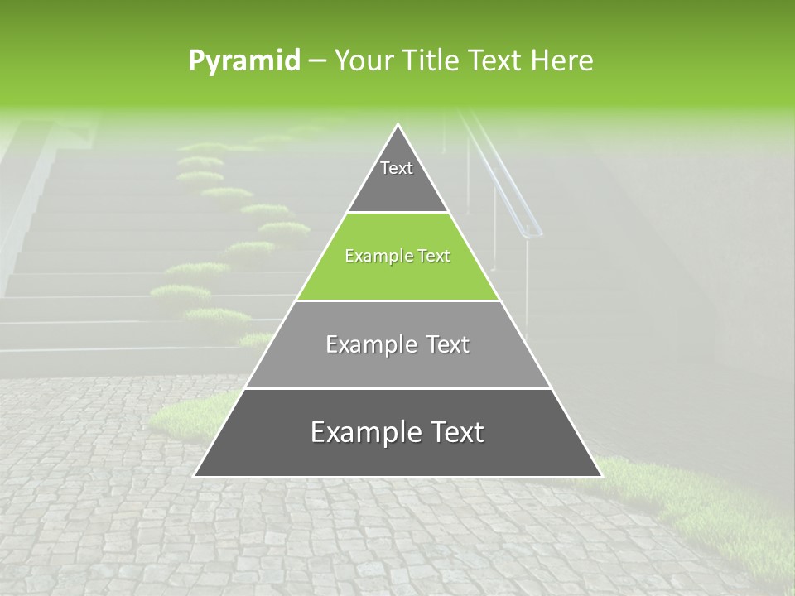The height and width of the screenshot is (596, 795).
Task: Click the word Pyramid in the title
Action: (243, 61)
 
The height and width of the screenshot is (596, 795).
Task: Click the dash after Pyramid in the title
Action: (316, 61)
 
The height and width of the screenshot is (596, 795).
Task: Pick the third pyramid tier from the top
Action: (397, 364)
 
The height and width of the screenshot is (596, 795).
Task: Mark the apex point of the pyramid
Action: (398, 125)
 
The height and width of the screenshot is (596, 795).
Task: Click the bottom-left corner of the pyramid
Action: (195, 476)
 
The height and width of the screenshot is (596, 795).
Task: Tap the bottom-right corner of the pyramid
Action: (600, 476)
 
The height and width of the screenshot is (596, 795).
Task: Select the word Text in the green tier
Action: (434, 257)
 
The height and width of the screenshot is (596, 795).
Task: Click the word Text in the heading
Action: (495, 61)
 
